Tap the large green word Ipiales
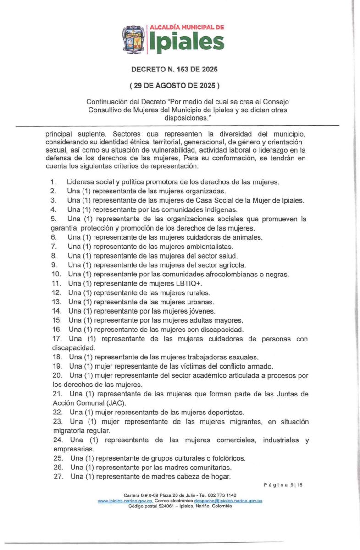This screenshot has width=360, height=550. point(186,42)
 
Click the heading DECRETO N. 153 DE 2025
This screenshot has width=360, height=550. point(174,70)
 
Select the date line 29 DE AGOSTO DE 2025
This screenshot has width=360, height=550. point(174,85)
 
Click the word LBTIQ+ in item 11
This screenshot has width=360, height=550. point(177,284)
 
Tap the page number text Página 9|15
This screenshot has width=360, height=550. point(283,484)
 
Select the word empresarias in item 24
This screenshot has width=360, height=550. point(68,449)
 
